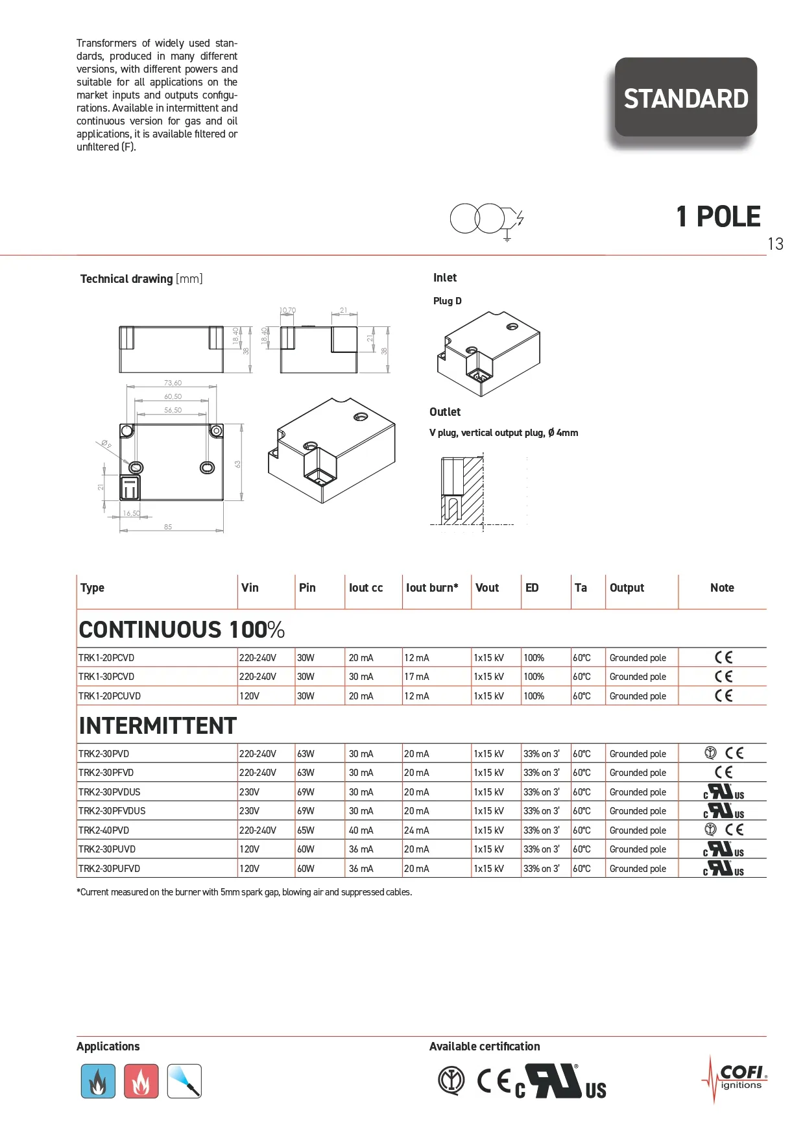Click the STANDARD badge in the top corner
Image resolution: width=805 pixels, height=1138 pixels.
686,98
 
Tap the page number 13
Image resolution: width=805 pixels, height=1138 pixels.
775,244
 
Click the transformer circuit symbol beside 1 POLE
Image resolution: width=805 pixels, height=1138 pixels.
487,219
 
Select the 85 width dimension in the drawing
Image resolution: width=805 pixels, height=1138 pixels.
168,527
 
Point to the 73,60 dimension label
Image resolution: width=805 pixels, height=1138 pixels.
173,383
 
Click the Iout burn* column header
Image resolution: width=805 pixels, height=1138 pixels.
432,588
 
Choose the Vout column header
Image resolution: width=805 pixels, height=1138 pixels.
487,588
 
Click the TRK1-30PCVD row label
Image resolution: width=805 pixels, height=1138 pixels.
106,677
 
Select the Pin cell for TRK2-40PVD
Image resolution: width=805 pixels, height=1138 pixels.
306,830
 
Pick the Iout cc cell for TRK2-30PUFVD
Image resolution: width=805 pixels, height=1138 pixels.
361,869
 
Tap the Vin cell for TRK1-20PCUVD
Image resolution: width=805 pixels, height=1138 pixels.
250,696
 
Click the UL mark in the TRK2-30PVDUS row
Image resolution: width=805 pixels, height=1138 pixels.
723,792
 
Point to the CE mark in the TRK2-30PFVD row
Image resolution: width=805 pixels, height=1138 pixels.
723,773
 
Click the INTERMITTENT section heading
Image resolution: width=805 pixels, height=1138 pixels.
158,726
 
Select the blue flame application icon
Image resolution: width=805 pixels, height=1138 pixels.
98,1081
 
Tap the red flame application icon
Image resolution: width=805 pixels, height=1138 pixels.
141,1081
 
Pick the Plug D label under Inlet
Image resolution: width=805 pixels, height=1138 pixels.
448,301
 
